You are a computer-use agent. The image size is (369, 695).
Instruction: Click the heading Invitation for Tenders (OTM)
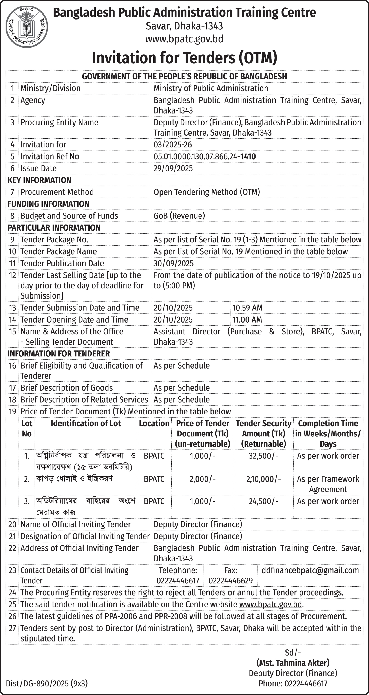(x=184, y=57)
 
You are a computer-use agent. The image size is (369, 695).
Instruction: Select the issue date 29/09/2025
(x=173, y=168)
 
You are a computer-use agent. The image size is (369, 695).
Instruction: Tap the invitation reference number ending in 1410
(x=205, y=156)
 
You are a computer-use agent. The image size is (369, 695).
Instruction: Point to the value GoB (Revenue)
(x=179, y=216)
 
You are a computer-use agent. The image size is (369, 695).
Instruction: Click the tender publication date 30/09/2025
(x=174, y=263)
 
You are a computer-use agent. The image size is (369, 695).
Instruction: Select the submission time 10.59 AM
(x=247, y=308)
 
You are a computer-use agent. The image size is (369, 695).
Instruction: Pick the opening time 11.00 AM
(x=247, y=319)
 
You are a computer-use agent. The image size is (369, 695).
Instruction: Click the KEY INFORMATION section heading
(x=39, y=180)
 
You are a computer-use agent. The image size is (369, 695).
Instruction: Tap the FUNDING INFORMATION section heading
(x=48, y=204)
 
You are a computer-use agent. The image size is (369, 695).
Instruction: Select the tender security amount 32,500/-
(x=263, y=456)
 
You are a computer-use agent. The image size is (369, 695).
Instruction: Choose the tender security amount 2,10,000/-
(x=263, y=479)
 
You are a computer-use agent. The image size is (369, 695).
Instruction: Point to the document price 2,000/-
(x=202, y=479)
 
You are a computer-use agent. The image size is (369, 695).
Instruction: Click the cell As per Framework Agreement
(x=328, y=484)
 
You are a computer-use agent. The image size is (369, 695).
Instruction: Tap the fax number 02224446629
(x=231, y=581)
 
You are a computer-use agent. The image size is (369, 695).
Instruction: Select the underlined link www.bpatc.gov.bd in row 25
(x=270, y=604)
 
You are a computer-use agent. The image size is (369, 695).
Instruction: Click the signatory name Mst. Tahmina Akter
(x=293, y=663)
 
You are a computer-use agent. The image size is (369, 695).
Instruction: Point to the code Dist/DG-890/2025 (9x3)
(x=47, y=684)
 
